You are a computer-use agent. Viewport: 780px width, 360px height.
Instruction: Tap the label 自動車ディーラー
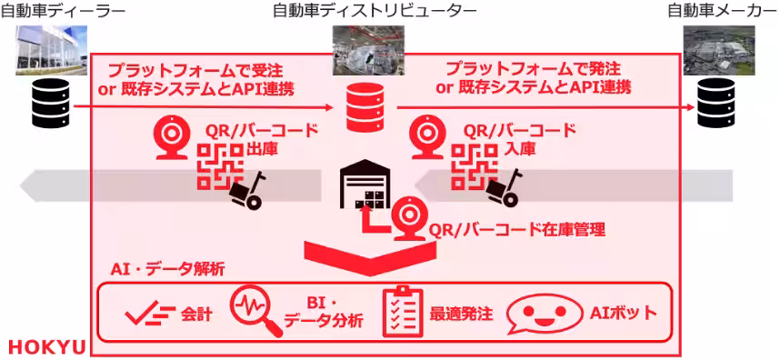[x=63, y=11]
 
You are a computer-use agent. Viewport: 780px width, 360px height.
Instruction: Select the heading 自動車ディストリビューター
[x=374, y=11]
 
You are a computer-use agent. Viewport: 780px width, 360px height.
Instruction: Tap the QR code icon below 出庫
[x=219, y=167]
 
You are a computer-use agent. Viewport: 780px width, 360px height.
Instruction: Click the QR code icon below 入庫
[x=474, y=167]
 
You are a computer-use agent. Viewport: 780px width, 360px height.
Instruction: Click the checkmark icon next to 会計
[x=149, y=315]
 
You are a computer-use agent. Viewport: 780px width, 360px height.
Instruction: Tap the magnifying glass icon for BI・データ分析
[x=255, y=313]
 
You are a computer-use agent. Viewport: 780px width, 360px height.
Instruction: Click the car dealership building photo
[x=51, y=48]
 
